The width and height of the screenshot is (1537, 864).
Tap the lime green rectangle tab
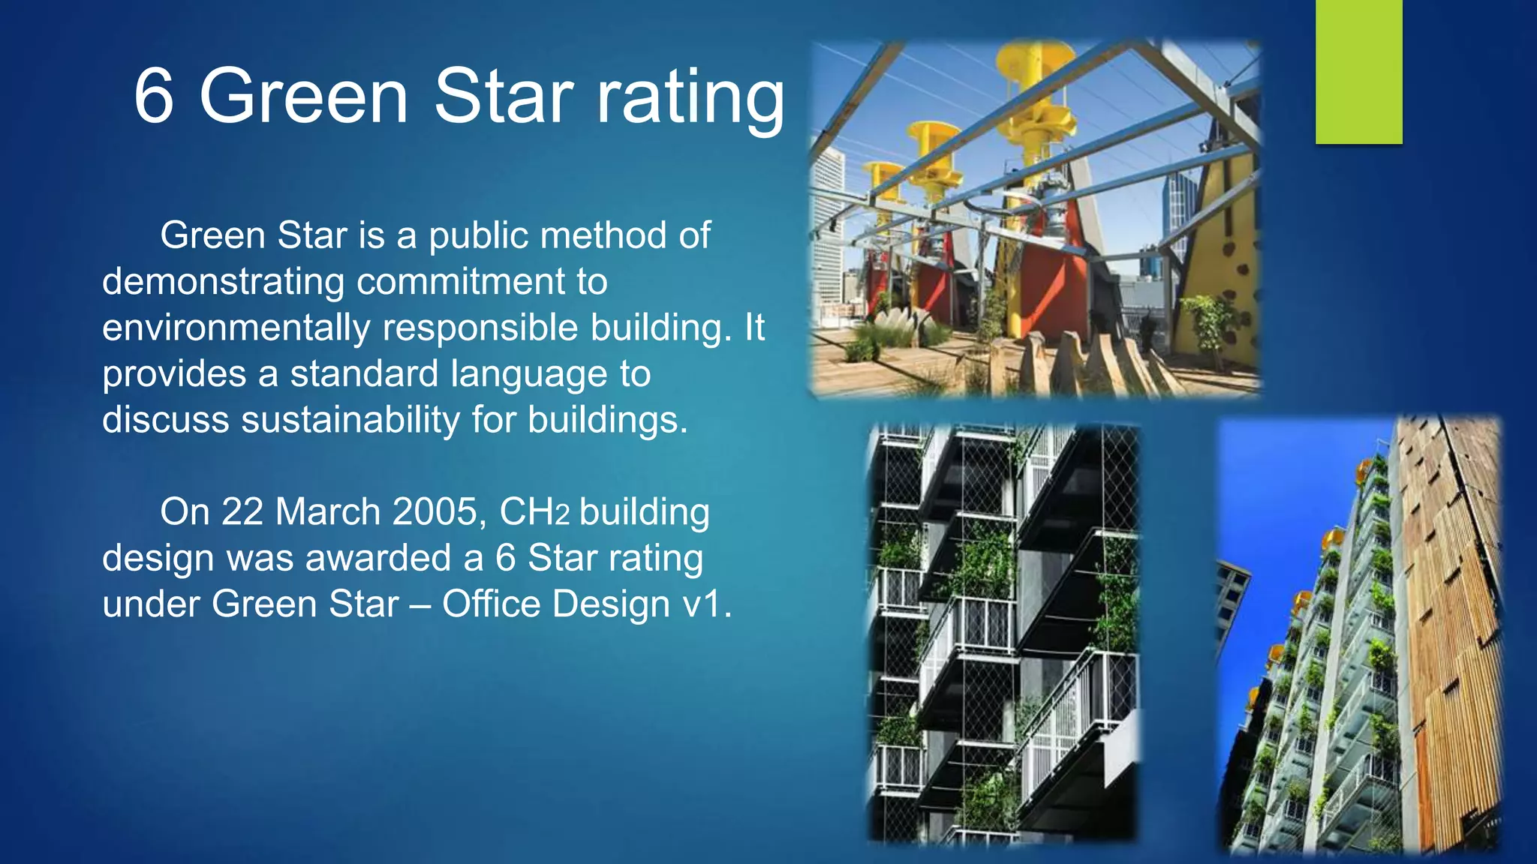1358,71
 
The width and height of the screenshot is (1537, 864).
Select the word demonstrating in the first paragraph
223,283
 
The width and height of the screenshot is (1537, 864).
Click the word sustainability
350,420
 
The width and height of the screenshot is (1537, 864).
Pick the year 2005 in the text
435,512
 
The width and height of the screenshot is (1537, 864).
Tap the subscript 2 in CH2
562,516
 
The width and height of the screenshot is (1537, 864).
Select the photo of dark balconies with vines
1003,634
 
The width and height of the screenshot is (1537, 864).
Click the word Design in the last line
611,604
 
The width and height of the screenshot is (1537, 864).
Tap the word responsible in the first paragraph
480,328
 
